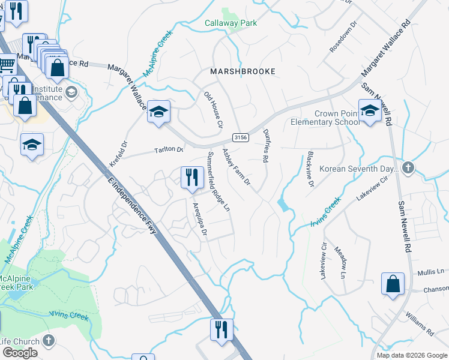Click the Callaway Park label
click(231, 23)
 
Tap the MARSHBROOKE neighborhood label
click(243, 71)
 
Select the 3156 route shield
click(241, 137)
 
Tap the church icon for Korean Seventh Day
click(408, 168)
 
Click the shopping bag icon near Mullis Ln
click(393, 283)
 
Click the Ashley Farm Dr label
click(237, 167)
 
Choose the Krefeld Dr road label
click(119, 154)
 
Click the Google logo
click(20, 353)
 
